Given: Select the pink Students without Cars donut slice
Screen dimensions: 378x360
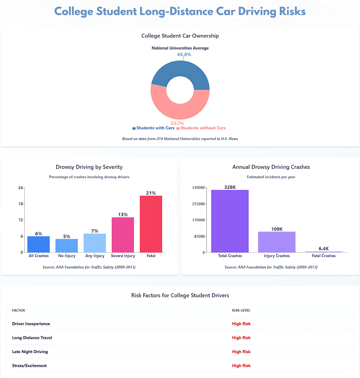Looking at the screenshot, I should coord(179,111).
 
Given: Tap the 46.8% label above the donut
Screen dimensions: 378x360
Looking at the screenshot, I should coord(184,54).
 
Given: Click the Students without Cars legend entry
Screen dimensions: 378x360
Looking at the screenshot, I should coord(203,128).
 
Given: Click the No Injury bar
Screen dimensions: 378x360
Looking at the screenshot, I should coord(67,246).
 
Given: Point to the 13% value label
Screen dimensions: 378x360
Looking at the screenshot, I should coord(123,215).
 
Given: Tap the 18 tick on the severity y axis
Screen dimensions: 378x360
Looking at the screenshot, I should coord(21,204).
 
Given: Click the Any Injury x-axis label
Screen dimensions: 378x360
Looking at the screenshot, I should coord(95,256).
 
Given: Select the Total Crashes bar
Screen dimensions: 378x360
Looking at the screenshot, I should coord(230,221).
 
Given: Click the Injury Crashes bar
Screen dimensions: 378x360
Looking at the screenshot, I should coord(277,242).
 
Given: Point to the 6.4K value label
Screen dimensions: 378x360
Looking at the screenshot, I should coord(324,249).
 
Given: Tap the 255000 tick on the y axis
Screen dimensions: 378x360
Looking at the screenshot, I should coord(198,204).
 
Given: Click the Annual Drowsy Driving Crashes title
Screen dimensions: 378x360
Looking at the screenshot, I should coord(271,167).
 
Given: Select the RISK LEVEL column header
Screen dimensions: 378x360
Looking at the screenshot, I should coord(241,310).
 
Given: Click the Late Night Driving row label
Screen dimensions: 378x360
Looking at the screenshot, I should coord(30,352).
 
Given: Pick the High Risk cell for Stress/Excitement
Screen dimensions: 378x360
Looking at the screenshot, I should coord(241,366).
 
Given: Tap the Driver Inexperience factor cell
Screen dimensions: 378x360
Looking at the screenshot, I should coord(31,324).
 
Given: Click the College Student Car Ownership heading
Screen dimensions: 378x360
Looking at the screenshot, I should coord(180,36).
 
